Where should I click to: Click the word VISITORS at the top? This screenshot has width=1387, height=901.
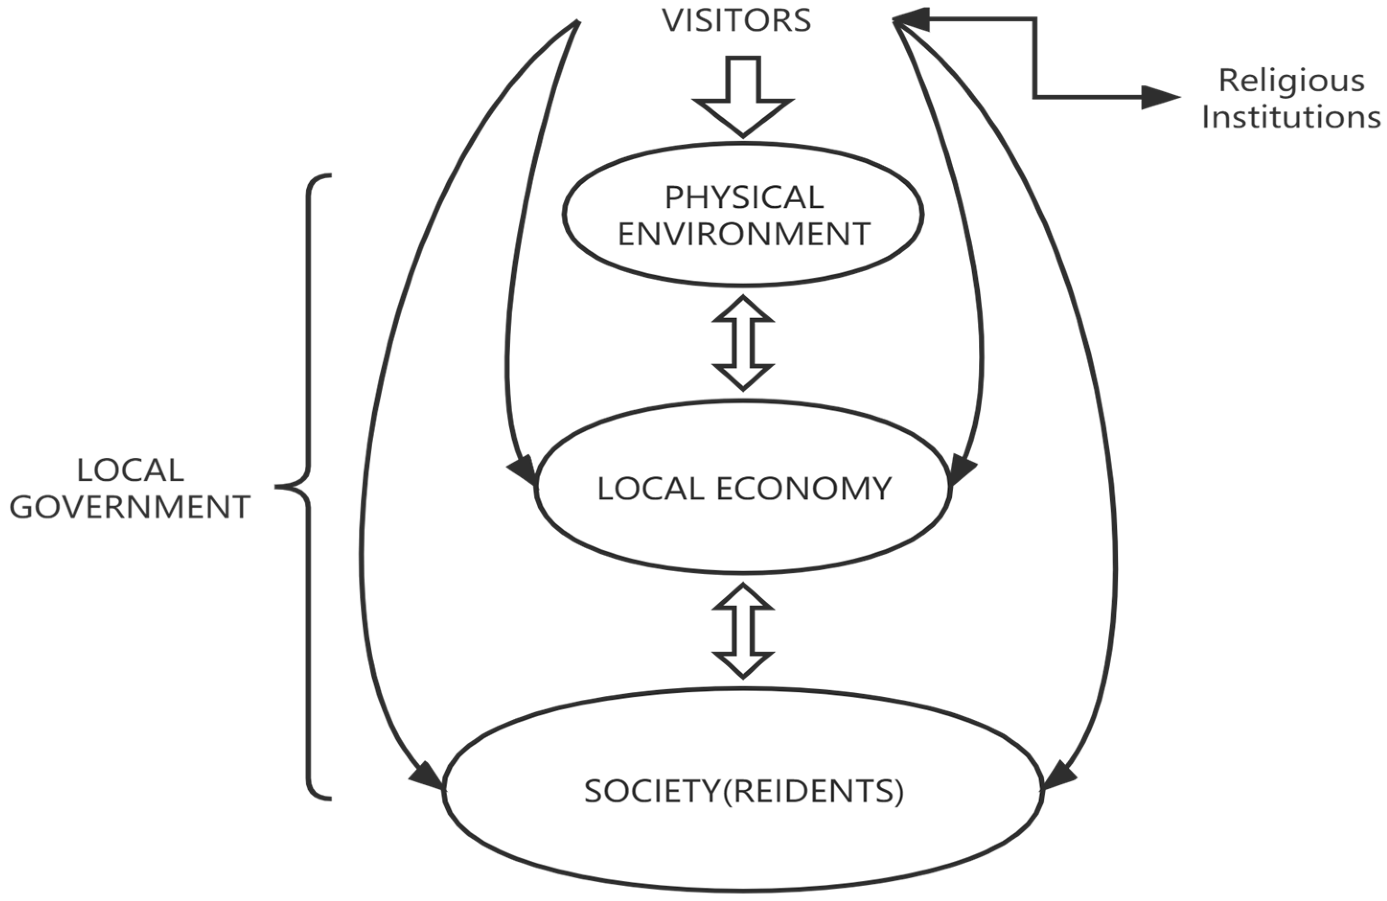(x=736, y=21)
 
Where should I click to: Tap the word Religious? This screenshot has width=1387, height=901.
(x=1292, y=81)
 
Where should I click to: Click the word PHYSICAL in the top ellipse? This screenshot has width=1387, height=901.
(x=744, y=197)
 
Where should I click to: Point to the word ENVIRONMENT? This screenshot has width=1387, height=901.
(x=744, y=234)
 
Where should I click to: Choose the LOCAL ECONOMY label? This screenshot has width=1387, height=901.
(x=744, y=488)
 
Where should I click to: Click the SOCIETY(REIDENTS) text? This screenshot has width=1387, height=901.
(x=744, y=791)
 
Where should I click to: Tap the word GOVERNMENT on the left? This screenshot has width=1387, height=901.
(x=130, y=507)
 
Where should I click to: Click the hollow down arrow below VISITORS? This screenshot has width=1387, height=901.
(x=743, y=96)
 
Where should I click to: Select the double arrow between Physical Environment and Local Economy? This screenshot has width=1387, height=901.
(x=743, y=343)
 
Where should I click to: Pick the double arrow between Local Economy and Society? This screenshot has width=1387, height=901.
(x=743, y=631)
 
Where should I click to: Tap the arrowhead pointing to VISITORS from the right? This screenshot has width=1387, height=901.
(x=910, y=19)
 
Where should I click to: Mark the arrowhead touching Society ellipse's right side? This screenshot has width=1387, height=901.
(x=1058, y=776)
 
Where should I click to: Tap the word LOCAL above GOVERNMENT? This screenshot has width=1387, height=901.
(x=130, y=471)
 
